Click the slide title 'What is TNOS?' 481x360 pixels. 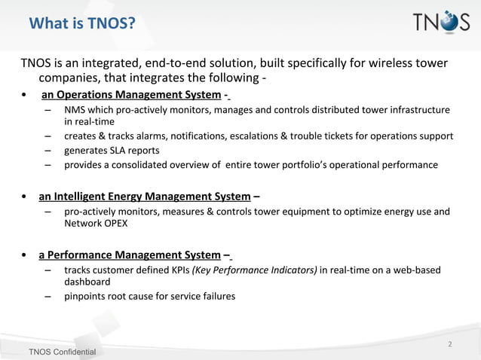[x=81, y=24]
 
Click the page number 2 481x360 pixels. [x=449, y=344]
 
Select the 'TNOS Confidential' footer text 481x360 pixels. [x=62, y=352]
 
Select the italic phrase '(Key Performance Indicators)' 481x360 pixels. [x=255, y=270]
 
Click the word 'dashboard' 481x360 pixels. [x=87, y=282]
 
